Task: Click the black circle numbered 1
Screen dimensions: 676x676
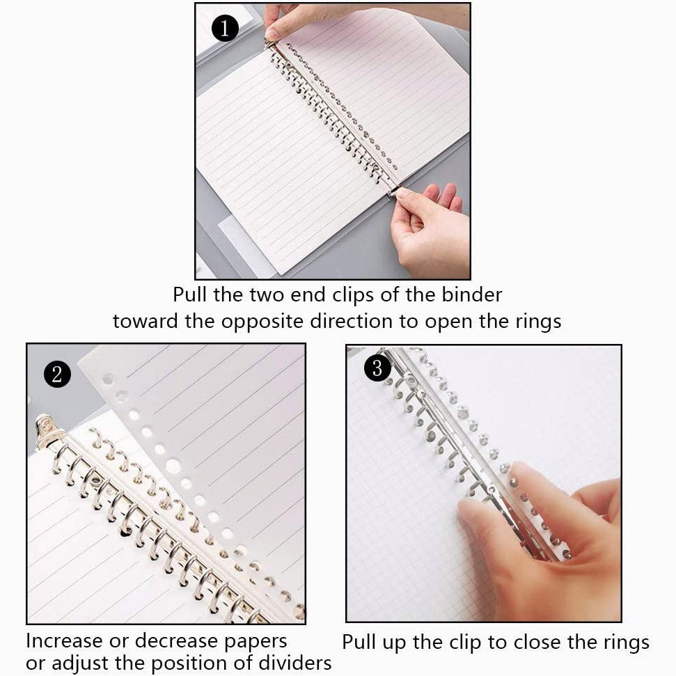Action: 225,28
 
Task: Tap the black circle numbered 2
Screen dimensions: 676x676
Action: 57,374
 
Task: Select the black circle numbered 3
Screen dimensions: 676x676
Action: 377,368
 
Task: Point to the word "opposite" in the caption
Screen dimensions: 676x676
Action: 262,322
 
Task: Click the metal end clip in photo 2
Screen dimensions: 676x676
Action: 47,431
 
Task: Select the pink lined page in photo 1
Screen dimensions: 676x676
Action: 379,86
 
